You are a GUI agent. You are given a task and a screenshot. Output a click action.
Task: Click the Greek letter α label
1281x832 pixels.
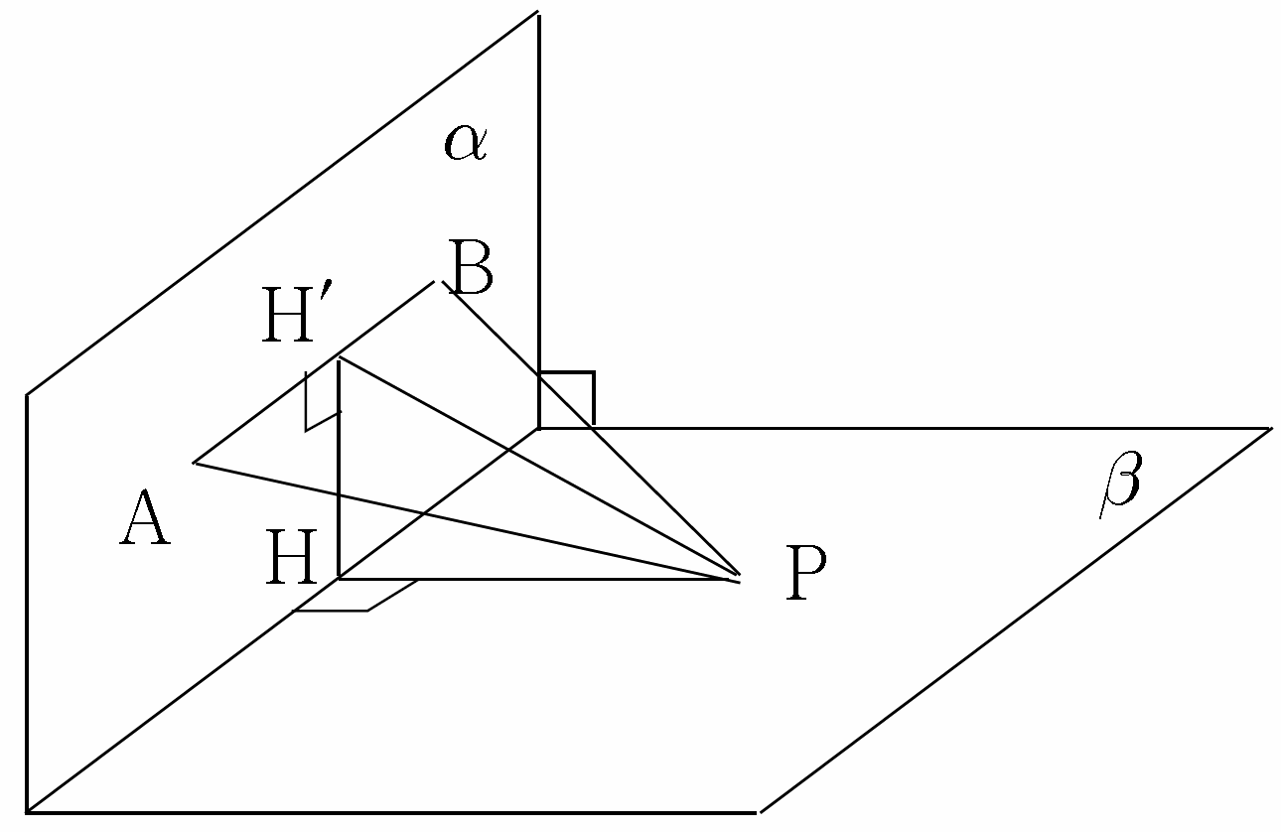pyautogui.click(x=466, y=143)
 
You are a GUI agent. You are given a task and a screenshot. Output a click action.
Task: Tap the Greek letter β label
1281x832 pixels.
pyautogui.click(x=1121, y=484)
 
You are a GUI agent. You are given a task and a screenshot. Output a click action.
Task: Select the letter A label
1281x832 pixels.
pyautogui.click(x=145, y=517)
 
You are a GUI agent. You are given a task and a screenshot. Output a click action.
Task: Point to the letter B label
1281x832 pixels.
pyautogui.click(x=471, y=268)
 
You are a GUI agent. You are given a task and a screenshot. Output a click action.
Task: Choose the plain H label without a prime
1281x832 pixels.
pyautogui.click(x=291, y=556)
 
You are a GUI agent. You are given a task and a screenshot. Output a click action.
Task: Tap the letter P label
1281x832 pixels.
pyautogui.click(x=805, y=573)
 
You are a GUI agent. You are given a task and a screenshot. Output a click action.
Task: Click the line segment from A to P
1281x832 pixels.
pyautogui.click(x=467, y=519)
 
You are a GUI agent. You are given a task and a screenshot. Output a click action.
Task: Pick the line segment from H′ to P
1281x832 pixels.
pyautogui.click(x=539, y=467)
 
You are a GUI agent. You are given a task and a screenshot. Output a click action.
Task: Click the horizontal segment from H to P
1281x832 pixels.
pyautogui.click(x=532, y=579)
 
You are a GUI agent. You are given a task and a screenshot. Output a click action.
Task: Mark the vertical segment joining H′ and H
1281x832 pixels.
pyautogui.click(x=340, y=468)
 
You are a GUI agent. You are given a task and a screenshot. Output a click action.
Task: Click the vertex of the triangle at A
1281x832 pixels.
pyautogui.click(x=195, y=462)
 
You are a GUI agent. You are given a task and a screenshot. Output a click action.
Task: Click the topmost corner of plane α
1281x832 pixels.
pyautogui.click(x=538, y=12)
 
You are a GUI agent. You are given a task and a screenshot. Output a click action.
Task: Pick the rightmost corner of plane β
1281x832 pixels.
pyautogui.click(x=1271, y=428)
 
